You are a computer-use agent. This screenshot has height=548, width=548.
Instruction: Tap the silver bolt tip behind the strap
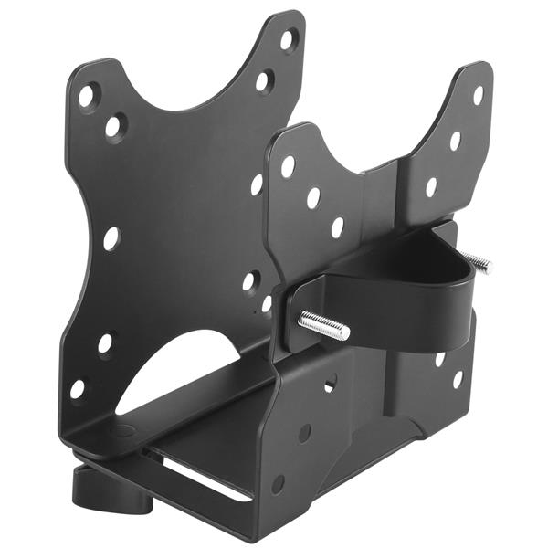(x=477, y=263)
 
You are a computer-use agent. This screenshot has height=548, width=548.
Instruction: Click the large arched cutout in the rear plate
(x=183, y=374)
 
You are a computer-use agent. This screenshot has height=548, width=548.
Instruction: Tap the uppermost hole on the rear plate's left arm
(x=87, y=94)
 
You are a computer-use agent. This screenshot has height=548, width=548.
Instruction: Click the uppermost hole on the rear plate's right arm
(x=287, y=39)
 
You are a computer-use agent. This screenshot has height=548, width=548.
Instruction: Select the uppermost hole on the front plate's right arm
(x=477, y=95)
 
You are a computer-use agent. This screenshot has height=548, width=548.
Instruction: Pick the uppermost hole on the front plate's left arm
(x=288, y=166)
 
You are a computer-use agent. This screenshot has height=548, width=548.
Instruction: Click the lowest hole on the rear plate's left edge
(x=78, y=388)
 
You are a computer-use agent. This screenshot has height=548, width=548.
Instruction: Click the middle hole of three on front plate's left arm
(x=313, y=197)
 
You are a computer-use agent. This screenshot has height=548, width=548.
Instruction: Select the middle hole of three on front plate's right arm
(x=455, y=141)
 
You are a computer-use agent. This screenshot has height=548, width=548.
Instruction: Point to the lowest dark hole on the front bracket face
(x=278, y=484)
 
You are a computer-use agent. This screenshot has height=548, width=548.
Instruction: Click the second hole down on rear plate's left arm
(x=114, y=126)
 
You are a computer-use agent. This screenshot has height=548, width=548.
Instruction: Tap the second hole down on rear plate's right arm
(x=263, y=81)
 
